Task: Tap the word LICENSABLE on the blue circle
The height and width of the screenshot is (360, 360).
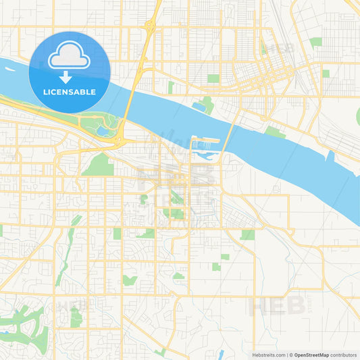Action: click(x=69, y=92)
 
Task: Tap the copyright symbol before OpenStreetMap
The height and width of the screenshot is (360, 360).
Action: click(x=290, y=355)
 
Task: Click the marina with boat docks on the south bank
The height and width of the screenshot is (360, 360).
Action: click(x=205, y=145)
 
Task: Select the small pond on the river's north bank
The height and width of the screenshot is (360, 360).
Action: click(x=200, y=106)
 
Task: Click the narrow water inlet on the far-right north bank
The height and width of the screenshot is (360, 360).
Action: click(x=330, y=157)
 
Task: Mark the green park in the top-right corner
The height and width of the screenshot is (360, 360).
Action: click(x=315, y=42)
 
